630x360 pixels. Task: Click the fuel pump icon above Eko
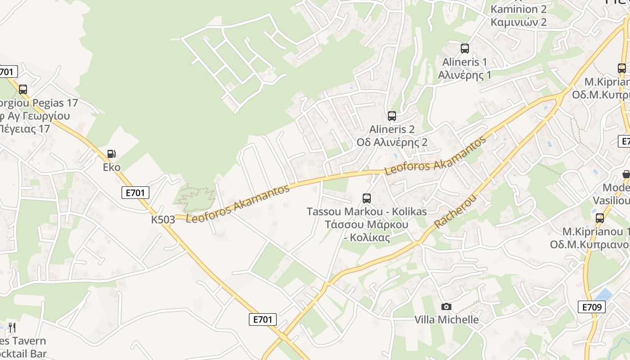coord(112,154)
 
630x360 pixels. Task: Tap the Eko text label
coord(112,167)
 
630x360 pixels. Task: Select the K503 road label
coord(163,220)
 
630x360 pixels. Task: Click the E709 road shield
coord(591,307)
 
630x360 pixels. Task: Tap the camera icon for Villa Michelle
coord(446,306)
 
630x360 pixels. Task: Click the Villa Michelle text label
coord(446,319)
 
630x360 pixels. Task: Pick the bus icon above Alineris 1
coord(465,49)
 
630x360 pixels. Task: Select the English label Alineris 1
coord(465,62)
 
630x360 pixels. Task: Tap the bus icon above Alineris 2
coord(392,116)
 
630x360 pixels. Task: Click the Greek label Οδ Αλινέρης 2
coord(392,142)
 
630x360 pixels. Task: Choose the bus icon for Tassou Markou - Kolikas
coord(367,198)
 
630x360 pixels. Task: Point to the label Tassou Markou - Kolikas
coord(367,211)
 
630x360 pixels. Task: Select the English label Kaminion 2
coord(518,9)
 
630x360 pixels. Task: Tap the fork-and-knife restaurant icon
coord(12,328)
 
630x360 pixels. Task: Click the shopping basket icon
coord(626,174)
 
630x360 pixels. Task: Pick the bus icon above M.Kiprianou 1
coord(600,218)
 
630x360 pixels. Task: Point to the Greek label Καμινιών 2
coord(518,22)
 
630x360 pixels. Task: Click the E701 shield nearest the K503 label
coord(135,193)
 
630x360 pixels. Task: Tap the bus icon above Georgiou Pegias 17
coord(23,90)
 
